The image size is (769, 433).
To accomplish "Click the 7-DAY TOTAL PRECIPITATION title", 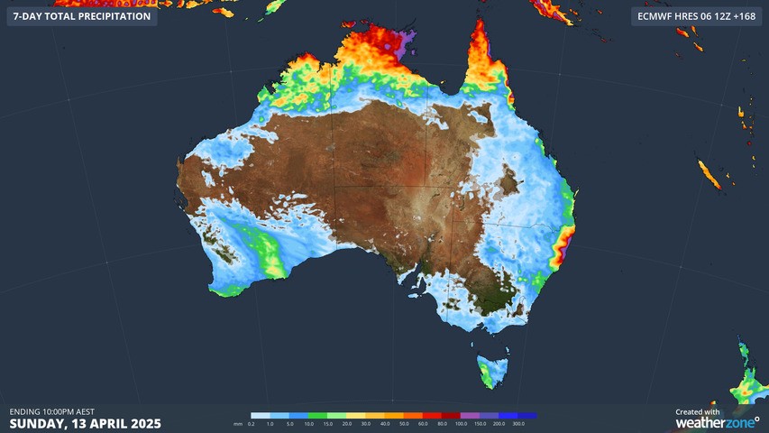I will [x=81, y=16].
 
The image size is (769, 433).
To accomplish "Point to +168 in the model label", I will [x=743, y=16].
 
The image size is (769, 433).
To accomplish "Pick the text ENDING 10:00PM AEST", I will [x=52, y=411].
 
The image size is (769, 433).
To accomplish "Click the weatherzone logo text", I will [x=717, y=422].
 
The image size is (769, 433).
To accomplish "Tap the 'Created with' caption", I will [x=698, y=411].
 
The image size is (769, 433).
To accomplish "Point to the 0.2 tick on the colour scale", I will [x=252, y=423].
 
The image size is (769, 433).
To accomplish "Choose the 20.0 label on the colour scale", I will [x=346, y=423].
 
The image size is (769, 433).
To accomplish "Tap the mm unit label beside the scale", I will [x=238, y=423].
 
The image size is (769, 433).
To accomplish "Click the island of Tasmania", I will [x=493, y=370].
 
